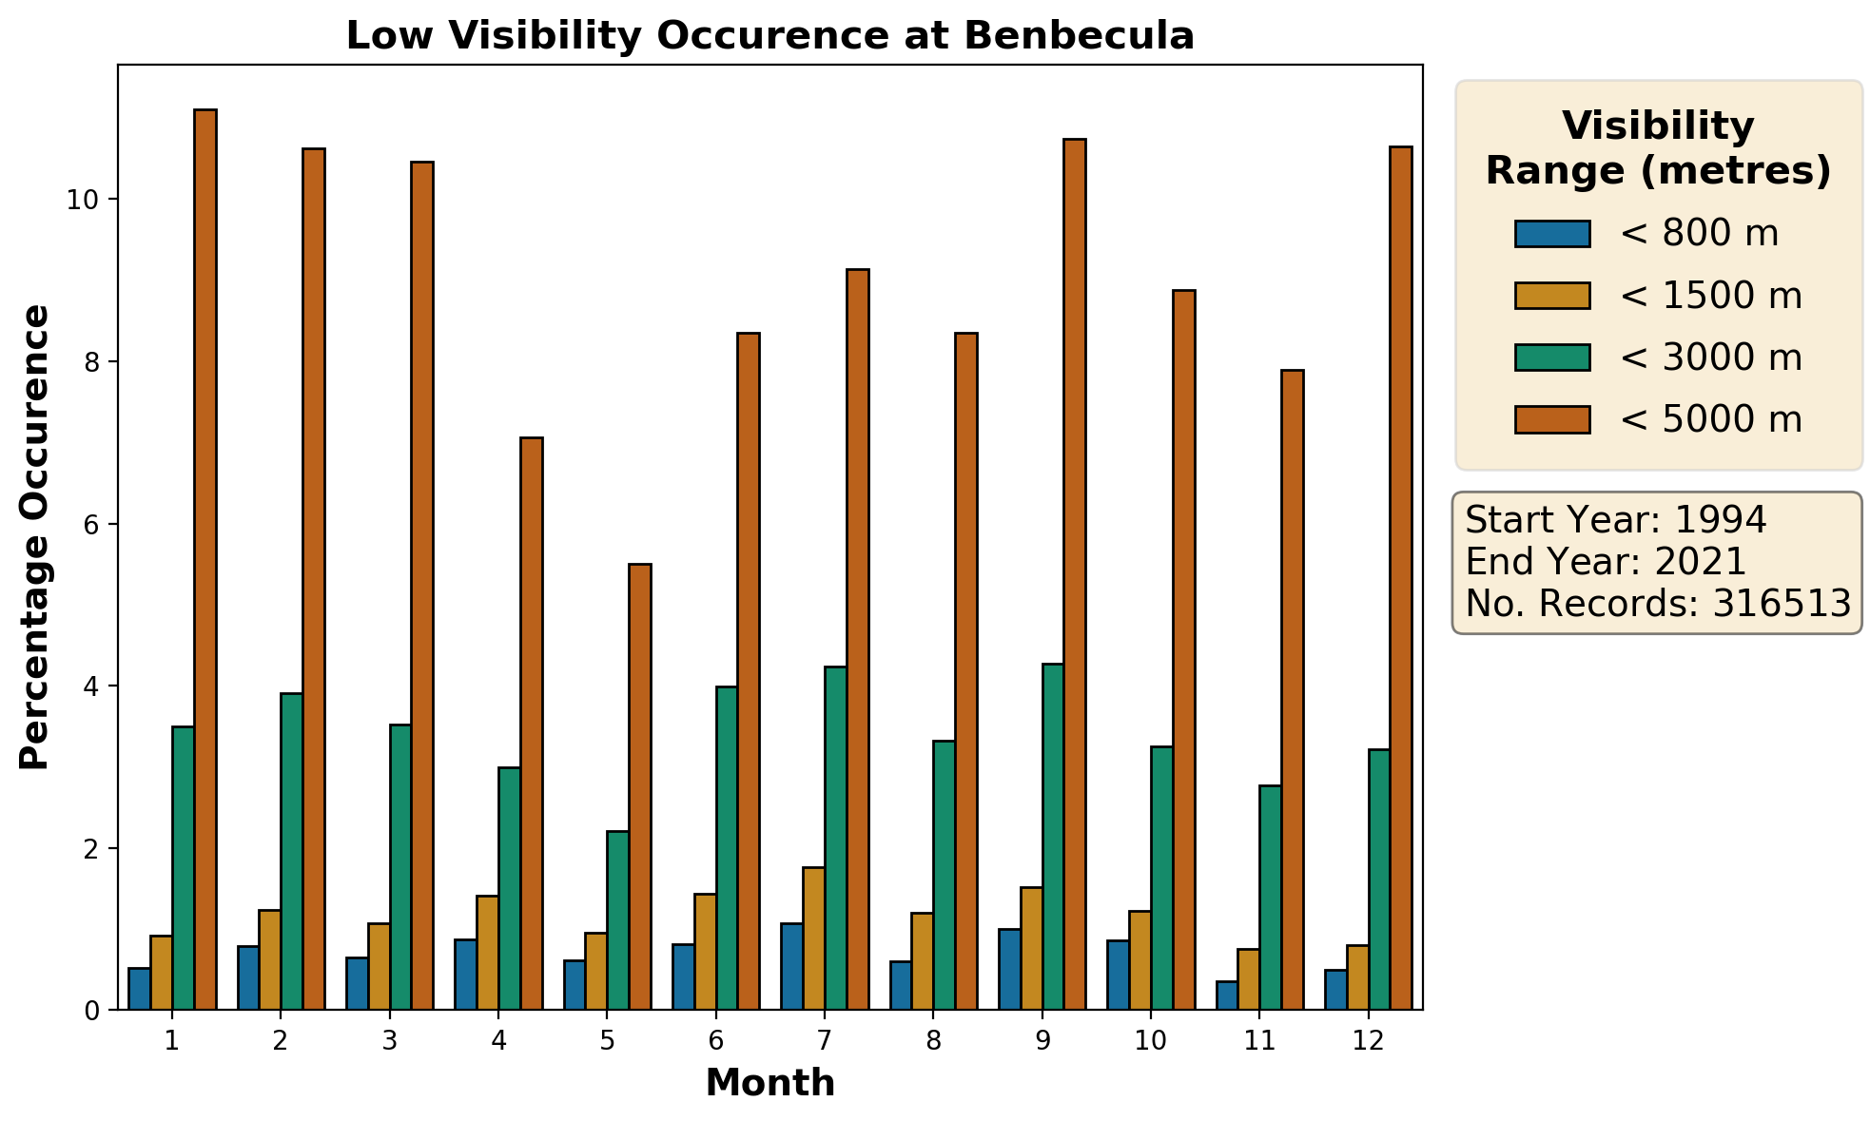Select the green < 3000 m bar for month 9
click(1053, 837)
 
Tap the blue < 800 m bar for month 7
click(791, 966)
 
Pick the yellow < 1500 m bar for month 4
click(487, 952)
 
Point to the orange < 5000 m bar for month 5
click(640, 786)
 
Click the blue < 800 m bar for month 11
click(1227, 995)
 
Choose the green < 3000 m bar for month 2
click(291, 851)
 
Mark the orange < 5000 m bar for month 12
click(1401, 578)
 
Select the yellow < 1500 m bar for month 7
click(813, 937)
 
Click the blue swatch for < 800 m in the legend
click(1552, 234)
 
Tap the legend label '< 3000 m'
click(1710, 358)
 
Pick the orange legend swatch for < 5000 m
click(1552, 419)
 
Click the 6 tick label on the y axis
click(92, 524)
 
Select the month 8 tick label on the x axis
click(933, 1041)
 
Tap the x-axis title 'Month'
click(769, 1083)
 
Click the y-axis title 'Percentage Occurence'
click(34, 537)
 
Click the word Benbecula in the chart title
click(1078, 36)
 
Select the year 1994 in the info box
click(1720, 520)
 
